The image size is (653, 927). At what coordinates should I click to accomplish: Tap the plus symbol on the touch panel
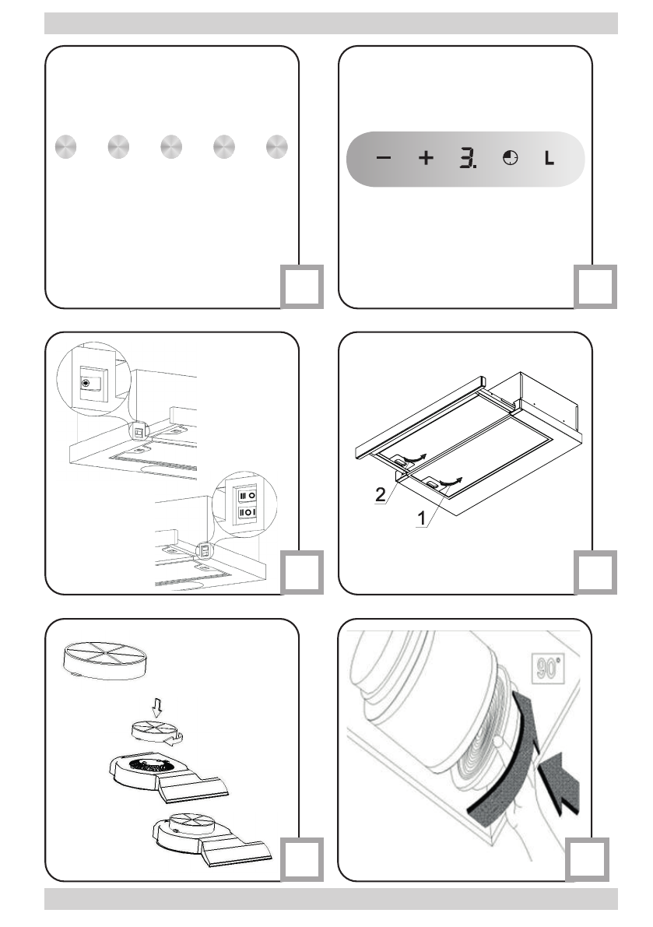pos(425,158)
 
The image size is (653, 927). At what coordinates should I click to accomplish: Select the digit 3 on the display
pos(467,158)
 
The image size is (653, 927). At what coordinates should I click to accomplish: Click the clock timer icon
pos(511,158)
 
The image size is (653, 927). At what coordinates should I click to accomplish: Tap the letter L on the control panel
pos(549,159)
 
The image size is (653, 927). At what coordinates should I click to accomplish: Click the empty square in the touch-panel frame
pos(597,286)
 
